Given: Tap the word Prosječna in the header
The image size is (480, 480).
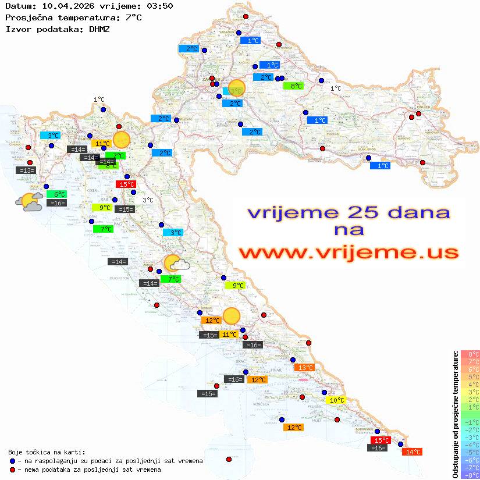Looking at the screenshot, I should [x=26, y=17].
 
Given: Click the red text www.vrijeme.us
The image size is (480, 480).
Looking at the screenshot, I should [x=349, y=253].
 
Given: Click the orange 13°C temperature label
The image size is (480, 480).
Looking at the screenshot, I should [x=304, y=368].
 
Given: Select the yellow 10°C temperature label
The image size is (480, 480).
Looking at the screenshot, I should [x=336, y=400].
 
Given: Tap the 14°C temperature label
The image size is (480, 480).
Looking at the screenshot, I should [x=413, y=451].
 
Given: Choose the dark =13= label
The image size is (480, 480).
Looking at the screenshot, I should [x=26, y=170].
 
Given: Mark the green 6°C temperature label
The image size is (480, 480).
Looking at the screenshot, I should [x=59, y=194].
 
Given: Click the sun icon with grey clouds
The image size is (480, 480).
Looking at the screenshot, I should [x=29, y=202].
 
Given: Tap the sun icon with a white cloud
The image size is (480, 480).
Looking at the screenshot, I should [x=176, y=263].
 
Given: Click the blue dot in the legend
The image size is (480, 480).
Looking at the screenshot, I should [x=13, y=461].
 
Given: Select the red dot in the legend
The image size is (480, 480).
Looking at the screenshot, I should [x=13, y=470].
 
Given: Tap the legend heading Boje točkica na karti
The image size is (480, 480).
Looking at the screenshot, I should [x=47, y=452].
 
